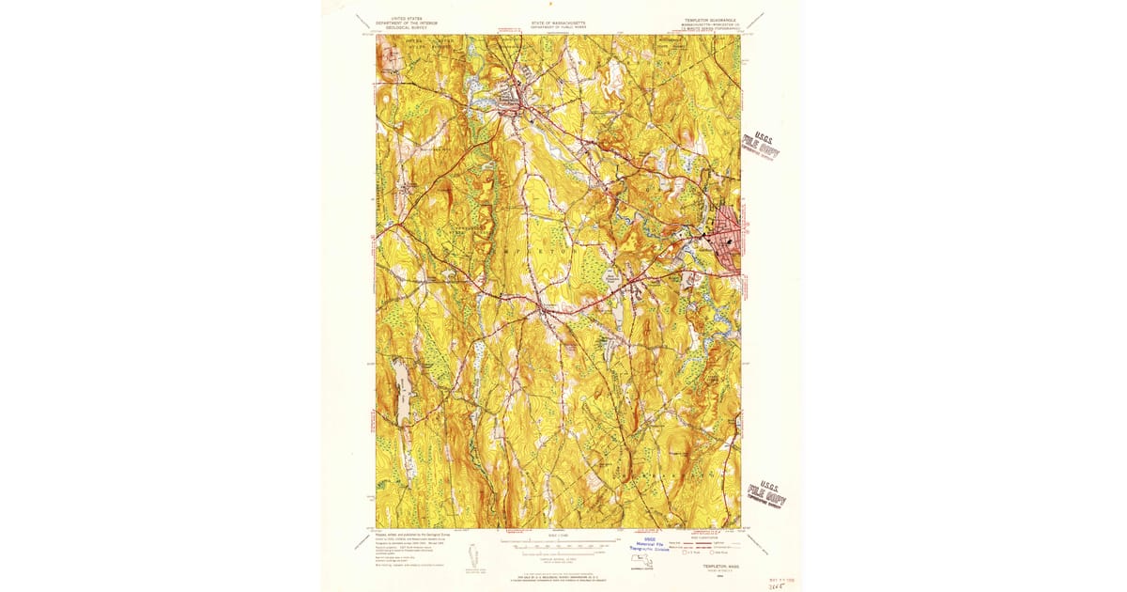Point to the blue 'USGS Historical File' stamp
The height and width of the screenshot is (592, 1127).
(x=649, y=545)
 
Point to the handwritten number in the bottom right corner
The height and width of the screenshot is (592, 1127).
(x=775, y=584)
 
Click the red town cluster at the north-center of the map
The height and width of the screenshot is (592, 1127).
(x=514, y=100)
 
